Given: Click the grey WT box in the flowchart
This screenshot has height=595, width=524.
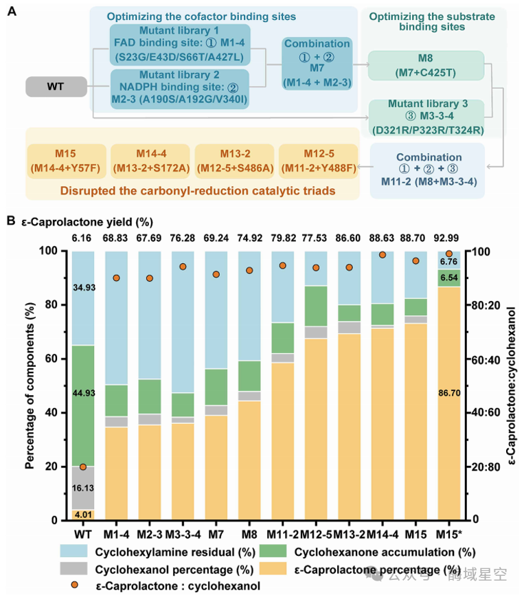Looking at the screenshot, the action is [x=56, y=87].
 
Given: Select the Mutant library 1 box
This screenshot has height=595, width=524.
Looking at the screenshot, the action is [x=180, y=45].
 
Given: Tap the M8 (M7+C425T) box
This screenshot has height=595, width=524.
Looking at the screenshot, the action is [x=426, y=65].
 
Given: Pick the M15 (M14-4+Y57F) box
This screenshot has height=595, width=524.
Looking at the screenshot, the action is [x=66, y=161].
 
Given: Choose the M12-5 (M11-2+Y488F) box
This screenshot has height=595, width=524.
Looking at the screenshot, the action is [x=319, y=161].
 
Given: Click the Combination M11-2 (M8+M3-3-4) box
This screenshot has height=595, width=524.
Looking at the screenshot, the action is [x=429, y=170].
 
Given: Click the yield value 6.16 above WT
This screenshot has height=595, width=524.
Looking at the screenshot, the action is [x=82, y=238].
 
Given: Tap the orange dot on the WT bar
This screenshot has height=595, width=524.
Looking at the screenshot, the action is [x=83, y=467].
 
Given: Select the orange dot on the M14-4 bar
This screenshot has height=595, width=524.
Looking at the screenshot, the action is [x=383, y=255].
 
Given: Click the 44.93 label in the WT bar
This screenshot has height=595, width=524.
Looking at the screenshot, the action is [x=84, y=393].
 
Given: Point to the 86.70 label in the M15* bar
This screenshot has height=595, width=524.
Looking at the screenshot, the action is [x=449, y=393].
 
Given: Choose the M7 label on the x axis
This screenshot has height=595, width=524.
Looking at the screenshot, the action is [x=216, y=535].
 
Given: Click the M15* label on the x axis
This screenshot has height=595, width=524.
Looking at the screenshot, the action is [x=449, y=535].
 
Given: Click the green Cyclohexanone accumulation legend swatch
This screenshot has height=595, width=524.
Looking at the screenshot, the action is [x=273, y=551].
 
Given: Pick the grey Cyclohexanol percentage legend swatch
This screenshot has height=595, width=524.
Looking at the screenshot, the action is [x=73, y=568].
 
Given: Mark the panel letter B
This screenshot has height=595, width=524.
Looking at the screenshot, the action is [x=11, y=221].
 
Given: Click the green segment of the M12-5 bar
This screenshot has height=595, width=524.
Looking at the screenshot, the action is [x=316, y=306].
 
